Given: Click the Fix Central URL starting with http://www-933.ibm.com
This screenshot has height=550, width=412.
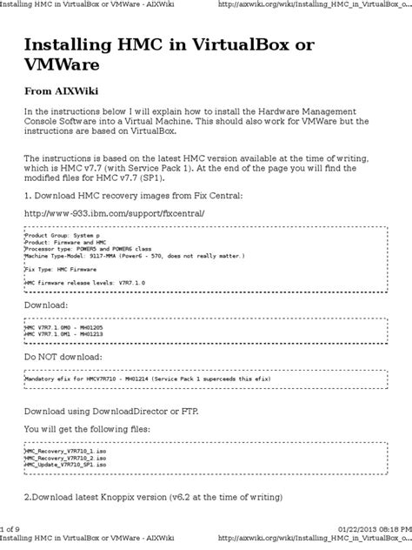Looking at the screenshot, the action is pos(109,212).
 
